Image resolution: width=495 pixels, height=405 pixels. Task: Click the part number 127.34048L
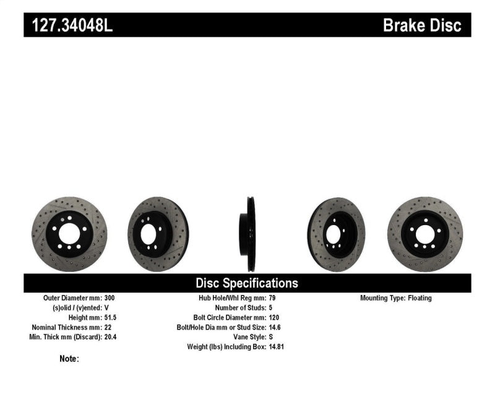(69, 25)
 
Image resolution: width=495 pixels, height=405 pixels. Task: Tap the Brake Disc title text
(422, 25)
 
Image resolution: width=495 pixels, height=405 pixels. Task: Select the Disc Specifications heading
(247, 283)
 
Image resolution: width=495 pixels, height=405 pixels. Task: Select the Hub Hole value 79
(273, 298)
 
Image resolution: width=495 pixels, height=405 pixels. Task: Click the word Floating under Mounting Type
(420, 298)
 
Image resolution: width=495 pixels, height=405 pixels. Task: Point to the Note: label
(69, 359)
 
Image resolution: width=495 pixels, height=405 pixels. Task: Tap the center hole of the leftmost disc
(69, 234)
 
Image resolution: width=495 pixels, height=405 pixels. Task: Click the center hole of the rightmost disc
(426, 234)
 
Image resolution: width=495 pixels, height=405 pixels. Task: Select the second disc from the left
(158, 234)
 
